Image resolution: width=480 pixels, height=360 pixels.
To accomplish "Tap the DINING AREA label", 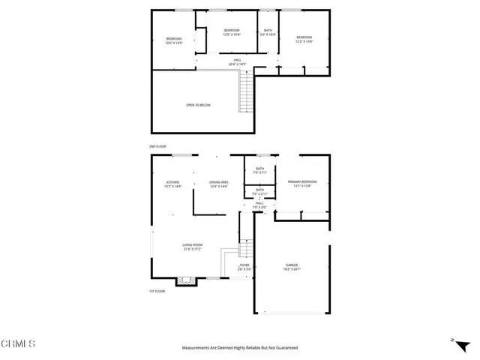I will (219, 182).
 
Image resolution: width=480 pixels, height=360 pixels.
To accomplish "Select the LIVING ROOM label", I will (193, 245).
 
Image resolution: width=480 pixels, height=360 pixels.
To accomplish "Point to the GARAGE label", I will (292, 265).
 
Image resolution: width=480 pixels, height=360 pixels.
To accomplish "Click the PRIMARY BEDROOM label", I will (302, 181).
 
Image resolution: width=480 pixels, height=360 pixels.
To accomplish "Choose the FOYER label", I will (244, 265).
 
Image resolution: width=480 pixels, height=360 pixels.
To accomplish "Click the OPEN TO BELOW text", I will (198, 105).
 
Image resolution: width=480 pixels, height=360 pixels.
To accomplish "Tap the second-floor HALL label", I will (236, 60).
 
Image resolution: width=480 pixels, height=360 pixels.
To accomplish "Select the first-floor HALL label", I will (259, 203).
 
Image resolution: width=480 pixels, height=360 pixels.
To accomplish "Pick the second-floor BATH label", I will (268, 30).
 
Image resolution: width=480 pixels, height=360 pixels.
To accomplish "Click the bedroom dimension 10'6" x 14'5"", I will (174, 43).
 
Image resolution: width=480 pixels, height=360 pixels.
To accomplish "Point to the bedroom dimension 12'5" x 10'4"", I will (231, 34).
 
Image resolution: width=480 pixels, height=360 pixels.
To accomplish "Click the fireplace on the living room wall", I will (185, 282).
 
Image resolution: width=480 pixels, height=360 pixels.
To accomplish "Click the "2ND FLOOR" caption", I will (157, 146).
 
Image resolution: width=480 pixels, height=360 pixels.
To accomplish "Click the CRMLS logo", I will (19, 344).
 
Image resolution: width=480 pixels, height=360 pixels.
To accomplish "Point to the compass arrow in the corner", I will (453, 340).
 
